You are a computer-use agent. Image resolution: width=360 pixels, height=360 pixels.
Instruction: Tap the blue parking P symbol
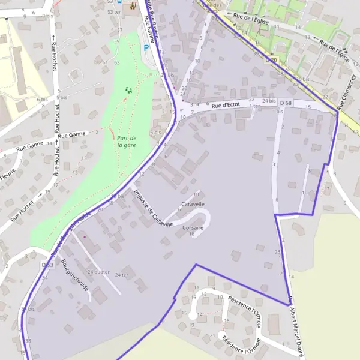click(x=145, y=48)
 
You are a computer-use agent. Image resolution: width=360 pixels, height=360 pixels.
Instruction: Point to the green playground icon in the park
click(x=128, y=90)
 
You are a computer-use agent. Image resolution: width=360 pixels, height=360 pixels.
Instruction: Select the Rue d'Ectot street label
click(x=226, y=106)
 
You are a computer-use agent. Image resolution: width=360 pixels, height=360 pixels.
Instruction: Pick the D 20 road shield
click(x=271, y=60)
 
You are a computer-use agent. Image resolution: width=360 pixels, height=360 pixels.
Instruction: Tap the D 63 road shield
click(x=48, y=265)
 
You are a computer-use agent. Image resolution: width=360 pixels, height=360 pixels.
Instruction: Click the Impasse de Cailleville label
click(x=154, y=208)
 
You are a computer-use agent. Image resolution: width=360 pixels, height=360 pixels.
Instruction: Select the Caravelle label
click(x=193, y=204)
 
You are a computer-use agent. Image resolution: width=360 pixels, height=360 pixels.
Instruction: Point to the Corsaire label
click(x=193, y=228)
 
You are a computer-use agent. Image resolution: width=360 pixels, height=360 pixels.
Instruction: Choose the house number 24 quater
click(x=98, y=272)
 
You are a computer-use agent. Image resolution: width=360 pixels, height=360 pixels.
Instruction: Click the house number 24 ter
click(x=122, y=275)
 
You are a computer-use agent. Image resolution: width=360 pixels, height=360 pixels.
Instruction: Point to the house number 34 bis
click(x=28, y=309)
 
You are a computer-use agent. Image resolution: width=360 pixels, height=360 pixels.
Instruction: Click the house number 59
click(x=117, y=41)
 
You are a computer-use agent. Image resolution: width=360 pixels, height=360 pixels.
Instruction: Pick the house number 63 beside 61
click(x=116, y=62)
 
